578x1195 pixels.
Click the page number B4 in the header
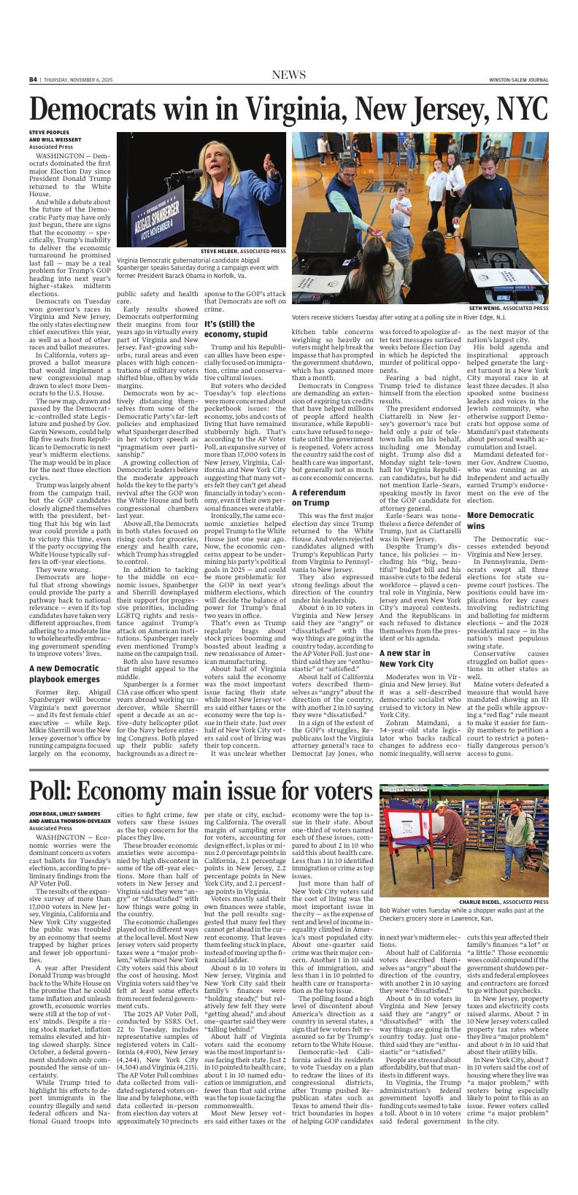coord(33,80)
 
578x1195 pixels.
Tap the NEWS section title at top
coord(288,76)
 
